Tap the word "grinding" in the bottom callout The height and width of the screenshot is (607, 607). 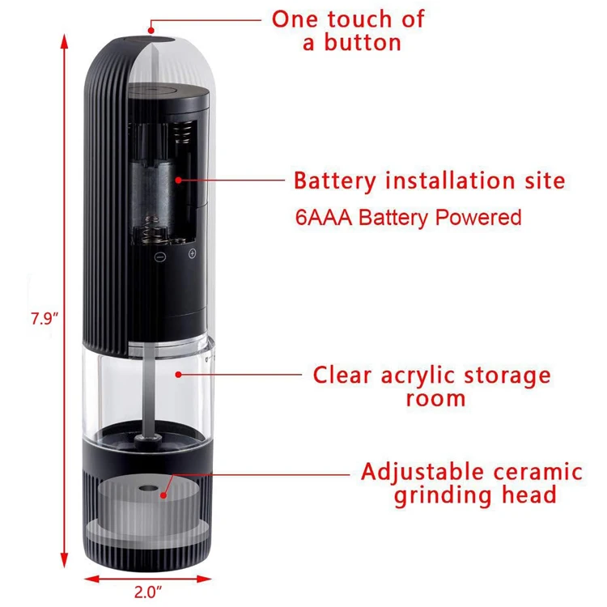coord(431,495)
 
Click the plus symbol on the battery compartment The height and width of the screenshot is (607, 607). coord(192,254)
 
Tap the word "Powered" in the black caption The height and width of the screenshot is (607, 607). coord(484,217)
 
